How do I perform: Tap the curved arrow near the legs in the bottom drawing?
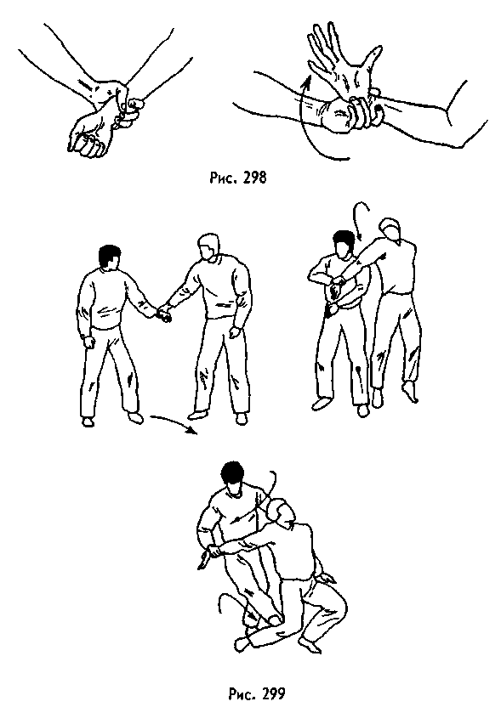[224, 608]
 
